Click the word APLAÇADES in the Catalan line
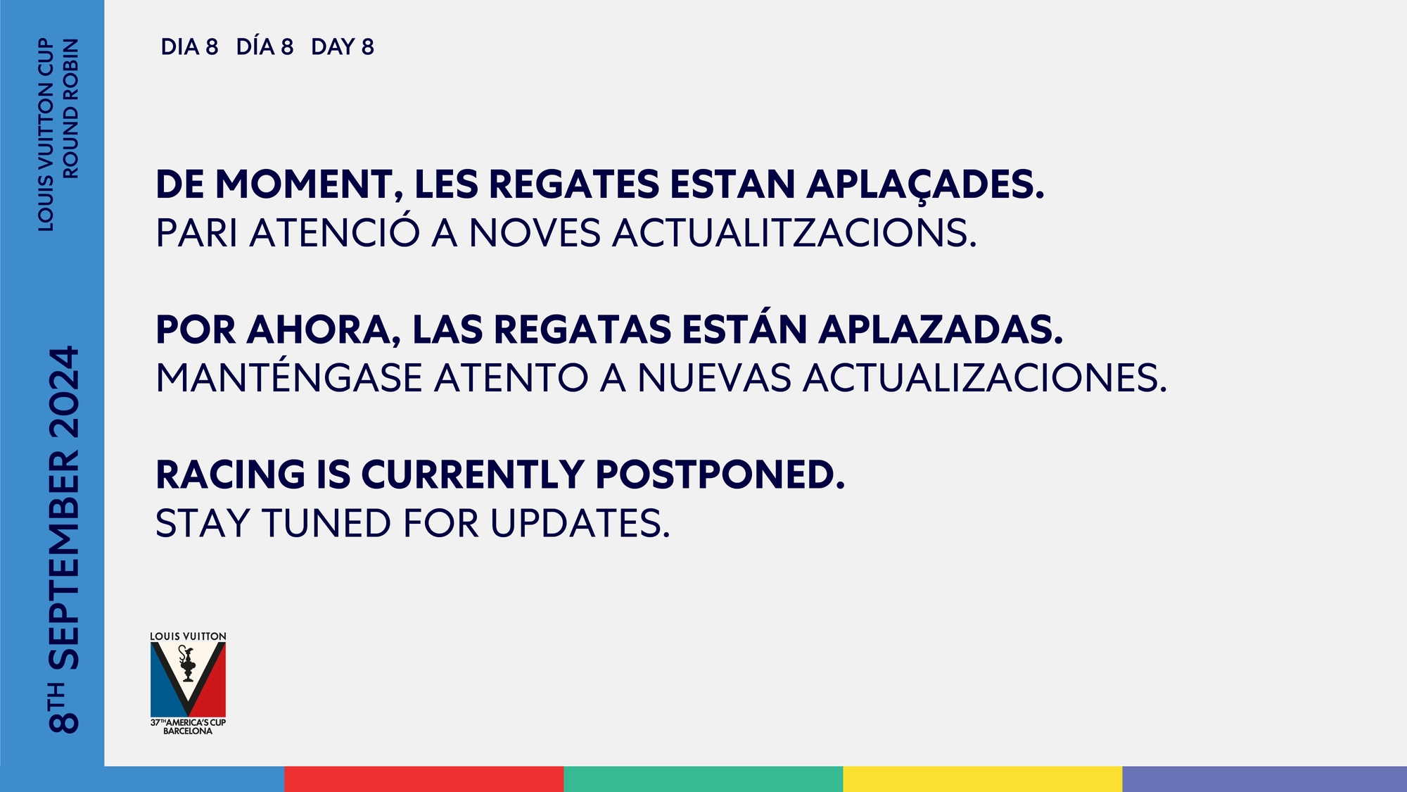click(925, 185)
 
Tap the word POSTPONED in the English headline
click(720, 474)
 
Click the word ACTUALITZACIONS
click(794, 233)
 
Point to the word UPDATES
click(580, 523)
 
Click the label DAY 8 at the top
click(343, 47)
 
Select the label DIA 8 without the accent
click(189, 47)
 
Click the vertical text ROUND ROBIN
click(71, 108)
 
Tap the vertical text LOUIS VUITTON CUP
click(46, 134)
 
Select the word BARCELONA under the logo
click(188, 731)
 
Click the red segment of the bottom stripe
click(424, 779)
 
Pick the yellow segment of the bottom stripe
click(982, 779)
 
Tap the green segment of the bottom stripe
click(703, 779)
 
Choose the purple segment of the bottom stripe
click(1264, 779)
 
